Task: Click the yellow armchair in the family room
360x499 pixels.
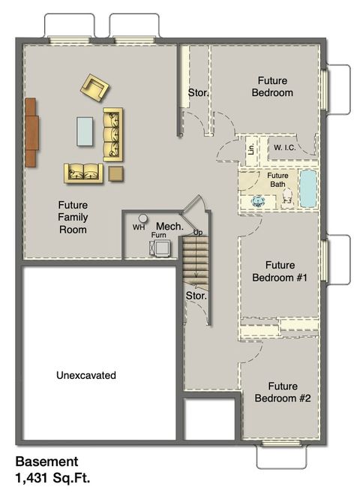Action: [95, 87]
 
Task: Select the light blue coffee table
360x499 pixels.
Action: [85, 131]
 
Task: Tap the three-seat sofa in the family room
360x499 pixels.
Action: [112, 134]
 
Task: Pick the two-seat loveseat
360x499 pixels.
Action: [83, 173]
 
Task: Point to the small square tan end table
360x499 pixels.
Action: [115, 173]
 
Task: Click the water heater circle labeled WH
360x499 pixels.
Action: [142, 218]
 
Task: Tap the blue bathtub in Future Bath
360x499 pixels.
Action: [308, 189]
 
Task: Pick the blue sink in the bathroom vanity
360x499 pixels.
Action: [258, 200]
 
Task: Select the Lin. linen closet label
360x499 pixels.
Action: [250, 149]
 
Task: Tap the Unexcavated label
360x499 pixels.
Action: [86, 374]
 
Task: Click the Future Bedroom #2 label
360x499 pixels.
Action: [283, 392]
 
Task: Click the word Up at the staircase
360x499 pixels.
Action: [198, 233]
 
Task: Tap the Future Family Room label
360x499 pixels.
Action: [73, 217]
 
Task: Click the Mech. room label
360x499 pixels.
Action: [165, 226]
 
